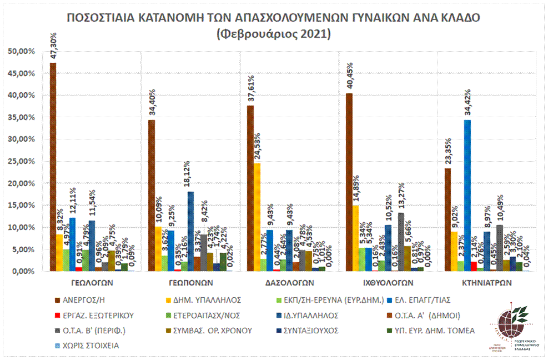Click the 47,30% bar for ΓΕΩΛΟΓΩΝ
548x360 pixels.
click(53, 167)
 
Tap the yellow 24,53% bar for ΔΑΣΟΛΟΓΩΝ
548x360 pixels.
click(257, 217)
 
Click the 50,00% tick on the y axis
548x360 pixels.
click(22, 51)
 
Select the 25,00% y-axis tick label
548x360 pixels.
click(22, 161)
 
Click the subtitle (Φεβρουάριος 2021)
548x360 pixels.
click(274, 34)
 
